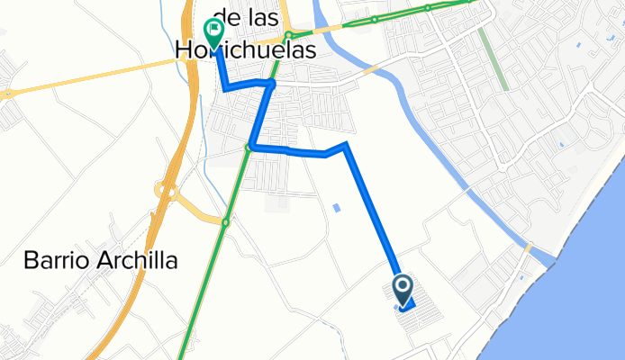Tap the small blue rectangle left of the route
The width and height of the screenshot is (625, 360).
tap(337, 208)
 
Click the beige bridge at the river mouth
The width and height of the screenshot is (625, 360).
tap(529, 247)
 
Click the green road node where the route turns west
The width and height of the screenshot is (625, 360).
tap(249, 148)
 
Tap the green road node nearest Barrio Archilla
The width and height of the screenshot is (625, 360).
tap(226, 221)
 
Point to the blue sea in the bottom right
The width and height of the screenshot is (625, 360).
tap(576, 297)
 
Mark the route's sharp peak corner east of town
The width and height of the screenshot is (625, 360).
tap(346, 144)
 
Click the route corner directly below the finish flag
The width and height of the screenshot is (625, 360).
tap(224, 87)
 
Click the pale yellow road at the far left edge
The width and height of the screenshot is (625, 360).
tap(7, 93)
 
